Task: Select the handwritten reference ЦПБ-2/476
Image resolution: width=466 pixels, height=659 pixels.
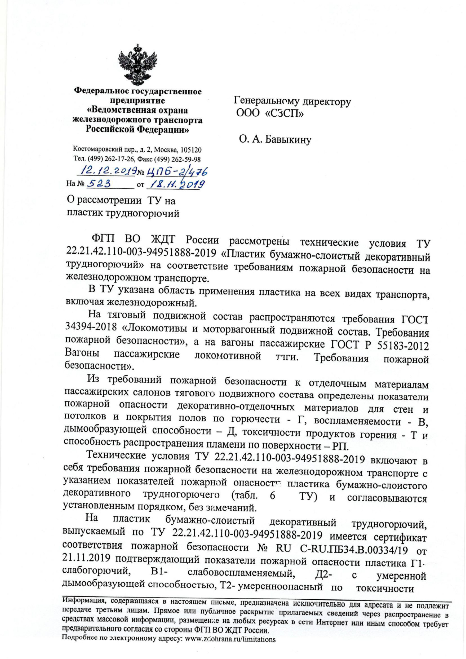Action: click(x=177, y=171)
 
